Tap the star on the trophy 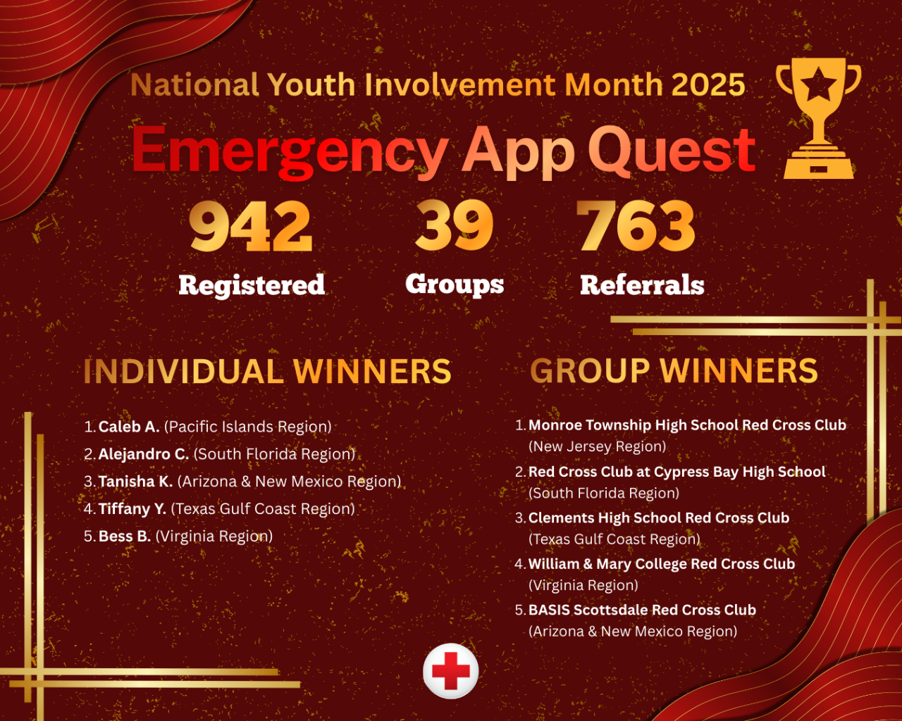tap(818, 86)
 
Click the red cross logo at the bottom tap(451, 670)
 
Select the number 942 tap(251, 226)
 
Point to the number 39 tap(455, 226)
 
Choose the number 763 tap(636, 226)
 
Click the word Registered tap(252, 285)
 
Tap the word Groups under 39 tap(455, 284)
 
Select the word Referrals tap(642, 285)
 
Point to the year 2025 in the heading tap(708, 85)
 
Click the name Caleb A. tap(129, 427)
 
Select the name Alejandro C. tap(144, 454)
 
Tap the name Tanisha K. tap(135, 482)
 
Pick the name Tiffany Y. tap(132, 509)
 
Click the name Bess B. tap(125, 537)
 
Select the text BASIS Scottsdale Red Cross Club tap(642, 610)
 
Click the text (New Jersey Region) tap(597, 446)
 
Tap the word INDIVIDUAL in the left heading tap(183, 372)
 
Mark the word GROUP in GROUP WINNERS tap(590, 371)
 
